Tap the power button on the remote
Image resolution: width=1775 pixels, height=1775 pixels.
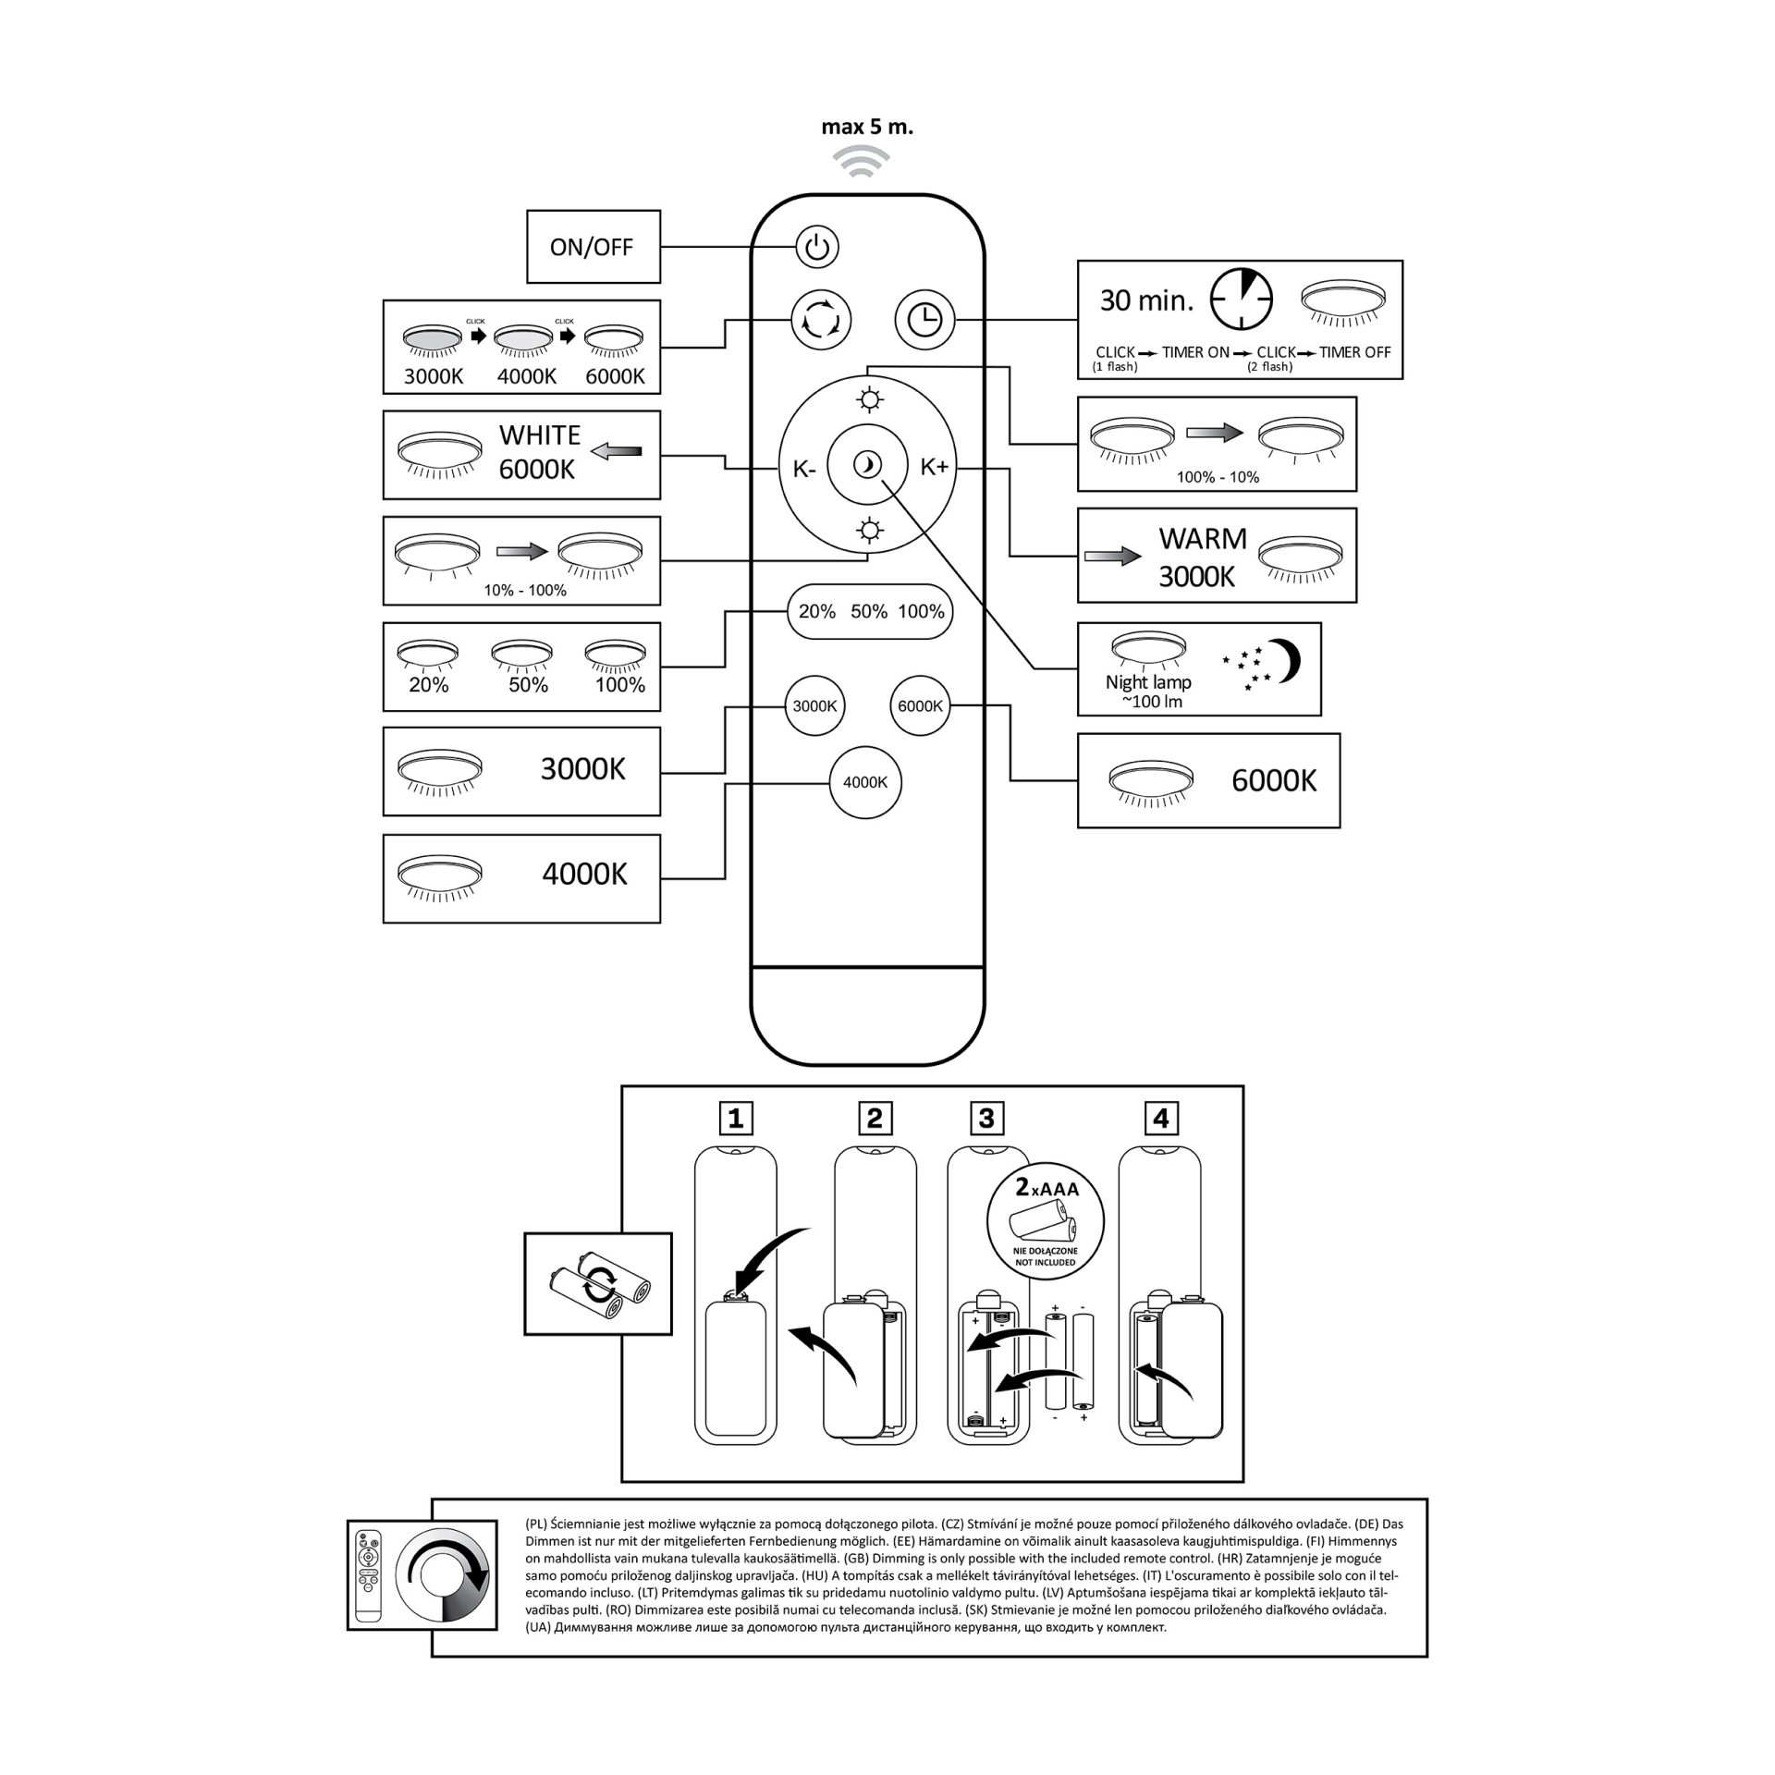pyautogui.click(x=816, y=248)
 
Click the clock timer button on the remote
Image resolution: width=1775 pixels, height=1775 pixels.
pyautogui.click(x=924, y=320)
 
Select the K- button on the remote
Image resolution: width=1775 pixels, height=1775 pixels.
pyautogui.click(x=804, y=469)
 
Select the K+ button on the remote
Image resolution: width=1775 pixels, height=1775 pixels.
pyautogui.click(x=934, y=467)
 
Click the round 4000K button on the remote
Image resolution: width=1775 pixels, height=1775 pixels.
pyautogui.click(x=865, y=782)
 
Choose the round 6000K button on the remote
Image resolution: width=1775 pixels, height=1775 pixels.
pyautogui.click(x=920, y=706)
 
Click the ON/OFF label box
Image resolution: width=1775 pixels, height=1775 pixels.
pyautogui.click(x=593, y=247)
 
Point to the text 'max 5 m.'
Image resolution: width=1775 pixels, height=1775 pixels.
pyautogui.click(x=867, y=128)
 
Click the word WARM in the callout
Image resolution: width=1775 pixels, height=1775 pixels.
pyautogui.click(x=1203, y=539)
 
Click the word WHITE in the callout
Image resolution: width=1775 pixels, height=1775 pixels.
pyautogui.click(x=540, y=435)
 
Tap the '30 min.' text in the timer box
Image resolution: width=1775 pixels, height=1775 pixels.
pyautogui.click(x=1146, y=300)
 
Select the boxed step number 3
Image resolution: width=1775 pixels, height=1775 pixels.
pyautogui.click(x=985, y=1119)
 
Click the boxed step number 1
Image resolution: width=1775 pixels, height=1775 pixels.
pyautogui.click(x=736, y=1119)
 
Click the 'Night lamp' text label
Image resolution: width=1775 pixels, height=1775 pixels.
pyautogui.click(x=1148, y=682)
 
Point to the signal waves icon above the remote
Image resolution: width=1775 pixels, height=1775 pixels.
pyautogui.click(x=855, y=162)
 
